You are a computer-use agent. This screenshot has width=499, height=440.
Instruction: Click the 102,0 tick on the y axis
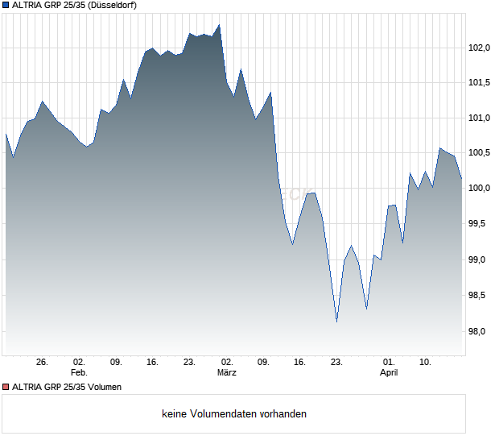480,48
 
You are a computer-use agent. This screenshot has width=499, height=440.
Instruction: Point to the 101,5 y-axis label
480,82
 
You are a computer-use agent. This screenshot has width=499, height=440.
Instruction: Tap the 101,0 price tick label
480,118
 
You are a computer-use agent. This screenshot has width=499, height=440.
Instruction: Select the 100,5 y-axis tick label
480,153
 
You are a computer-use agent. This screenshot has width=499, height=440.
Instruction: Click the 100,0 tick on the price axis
480,189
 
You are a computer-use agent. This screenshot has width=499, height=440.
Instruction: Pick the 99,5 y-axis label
480,224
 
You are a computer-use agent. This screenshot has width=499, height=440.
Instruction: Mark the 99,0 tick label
480,259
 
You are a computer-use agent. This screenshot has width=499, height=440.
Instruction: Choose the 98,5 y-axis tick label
480,296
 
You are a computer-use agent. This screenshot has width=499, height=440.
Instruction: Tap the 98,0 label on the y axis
480,331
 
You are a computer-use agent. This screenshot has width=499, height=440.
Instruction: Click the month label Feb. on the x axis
78,372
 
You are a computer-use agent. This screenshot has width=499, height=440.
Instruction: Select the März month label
226,372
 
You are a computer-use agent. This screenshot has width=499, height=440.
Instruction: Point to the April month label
389,372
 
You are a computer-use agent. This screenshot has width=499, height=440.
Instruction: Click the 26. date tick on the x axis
43,362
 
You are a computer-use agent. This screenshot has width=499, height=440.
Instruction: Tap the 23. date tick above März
190,362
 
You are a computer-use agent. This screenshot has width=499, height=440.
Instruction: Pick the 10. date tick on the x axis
426,362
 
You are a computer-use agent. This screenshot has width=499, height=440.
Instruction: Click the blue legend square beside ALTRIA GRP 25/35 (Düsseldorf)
6,6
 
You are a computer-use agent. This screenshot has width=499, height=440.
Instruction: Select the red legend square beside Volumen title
6,387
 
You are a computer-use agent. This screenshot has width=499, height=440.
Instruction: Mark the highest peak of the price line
220,25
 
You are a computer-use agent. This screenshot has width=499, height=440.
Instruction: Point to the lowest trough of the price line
336,322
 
